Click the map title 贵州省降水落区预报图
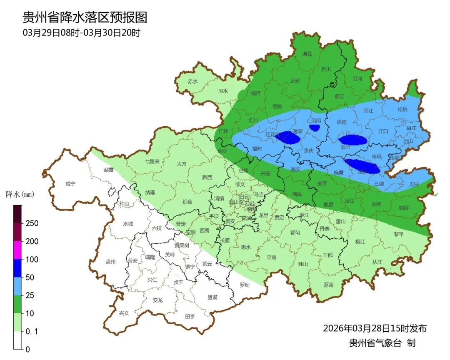click(x=85, y=17)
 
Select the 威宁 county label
click(x=71, y=184)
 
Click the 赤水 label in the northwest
click(x=192, y=82)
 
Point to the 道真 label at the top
click(x=307, y=54)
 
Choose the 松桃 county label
click(x=402, y=110)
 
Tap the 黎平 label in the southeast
click(x=399, y=234)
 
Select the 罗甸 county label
click(x=245, y=285)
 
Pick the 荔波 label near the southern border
click(x=328, y=285)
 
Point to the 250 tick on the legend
click(x=32, y=223)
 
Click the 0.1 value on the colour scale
click(x=32, y=331)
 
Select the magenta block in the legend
click(x=17, y=250)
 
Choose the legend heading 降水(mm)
click(x=20, y=195)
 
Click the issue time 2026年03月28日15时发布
click(x=375, y=328)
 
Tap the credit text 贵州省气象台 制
click(x=382, y=343)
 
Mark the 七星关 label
click(x=152, y=161)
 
